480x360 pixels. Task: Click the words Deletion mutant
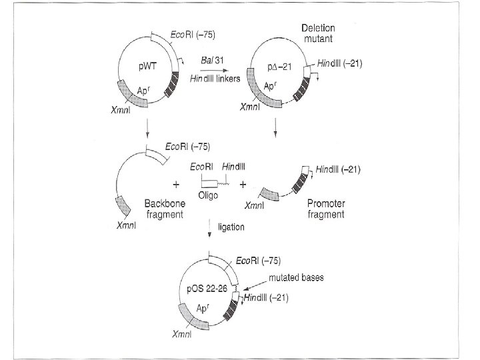click(x=318, y=33)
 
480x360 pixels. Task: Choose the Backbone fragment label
click(x=163, y=207)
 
